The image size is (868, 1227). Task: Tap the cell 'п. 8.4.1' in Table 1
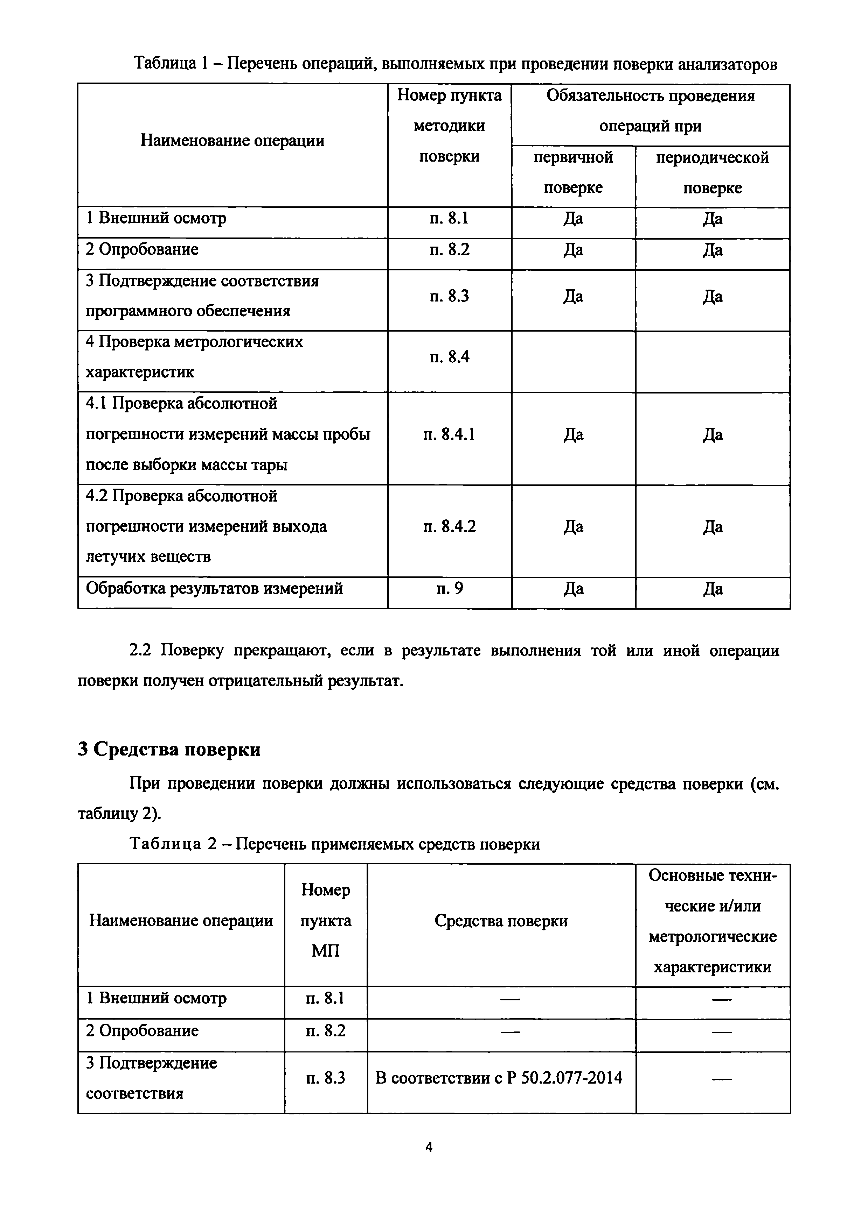click(x=449, y=434)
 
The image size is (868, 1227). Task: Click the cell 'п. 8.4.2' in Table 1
click(x=449, y=527)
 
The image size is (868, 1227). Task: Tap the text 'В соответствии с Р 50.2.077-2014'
click(x=499, y=1078)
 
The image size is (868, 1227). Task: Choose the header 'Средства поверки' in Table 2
click(x=501, y=921)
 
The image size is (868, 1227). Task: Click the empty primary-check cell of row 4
click(x=573, y=361)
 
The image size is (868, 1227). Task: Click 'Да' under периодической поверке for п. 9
click(x=713, y=589)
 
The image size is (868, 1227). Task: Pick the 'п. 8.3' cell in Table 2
click(x=325, y=1078)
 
